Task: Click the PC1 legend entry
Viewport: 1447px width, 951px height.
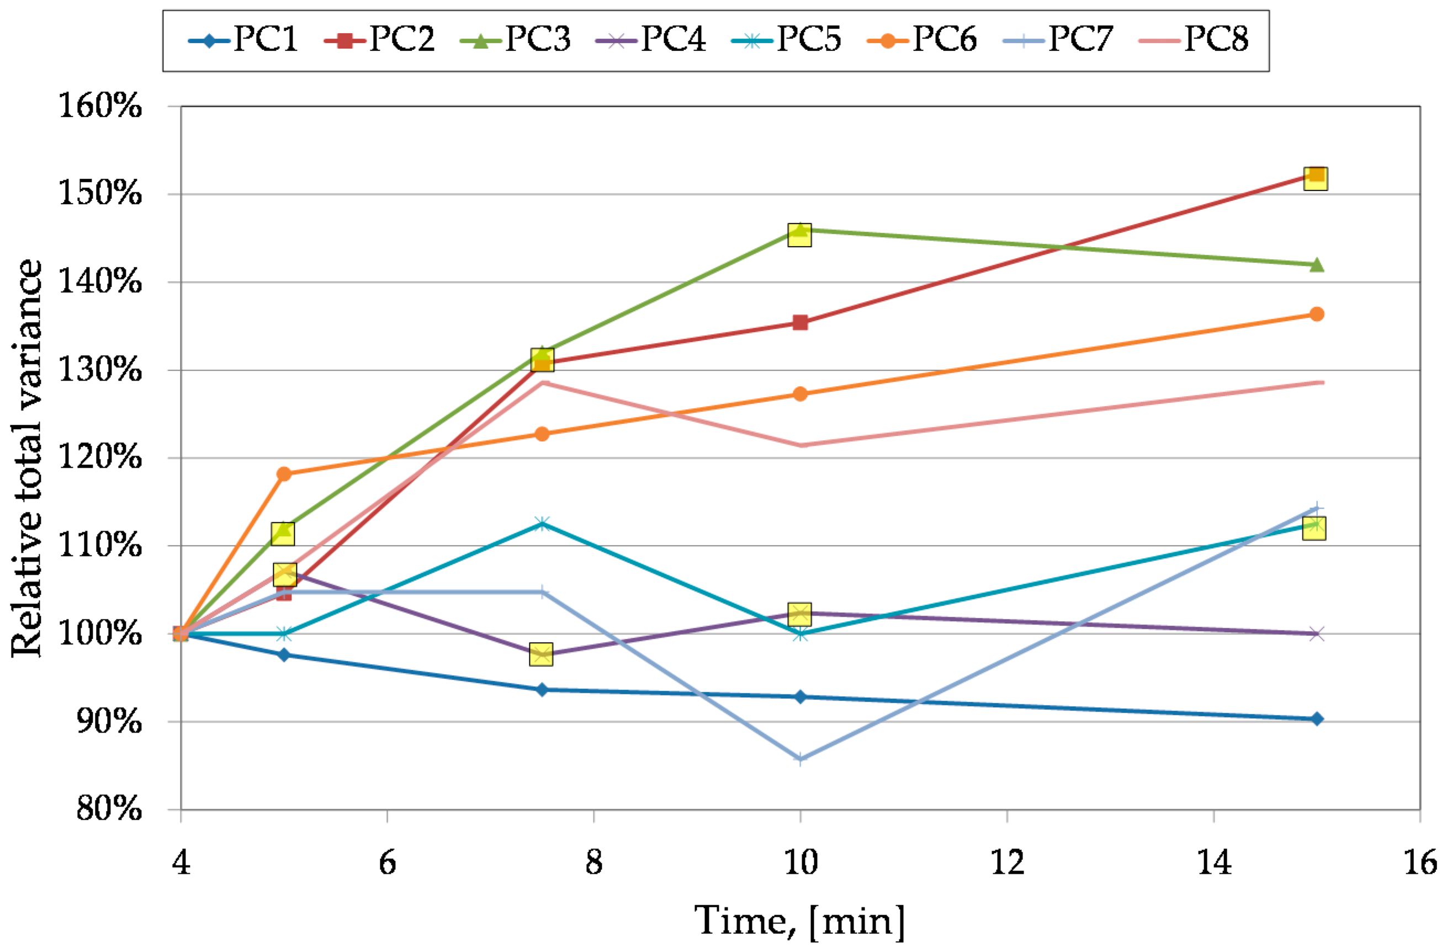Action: pyautogui.click(x=244, y=40)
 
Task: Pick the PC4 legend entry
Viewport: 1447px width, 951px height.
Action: pyautogui.click(x=650, y=40)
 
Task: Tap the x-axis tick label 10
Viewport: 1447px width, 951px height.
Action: pyautogui.click(x=800, y=863)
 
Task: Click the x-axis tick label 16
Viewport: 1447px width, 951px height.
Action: pyautogui.click(x=1419, y=863)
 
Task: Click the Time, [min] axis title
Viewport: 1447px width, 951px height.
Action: pyautogui.click(x=800, y=921)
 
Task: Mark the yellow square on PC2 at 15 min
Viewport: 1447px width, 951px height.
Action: pyautogui.click(x=1316, y=178)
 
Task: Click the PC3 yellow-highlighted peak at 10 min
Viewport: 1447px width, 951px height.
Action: pyautogui.click(x=799, y=234)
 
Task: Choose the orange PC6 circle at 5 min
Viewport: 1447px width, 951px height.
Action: pyautogui.click(x=284, y=474)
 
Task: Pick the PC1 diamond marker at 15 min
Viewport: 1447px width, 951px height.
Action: pyautogui.click(x=1317, y=719)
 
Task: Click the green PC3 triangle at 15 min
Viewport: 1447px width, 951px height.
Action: pyautogui.click(x=1317, y=265)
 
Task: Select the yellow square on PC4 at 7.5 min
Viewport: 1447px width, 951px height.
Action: pyautogui.click(x=541, y=654)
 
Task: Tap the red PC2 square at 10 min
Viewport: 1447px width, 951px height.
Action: pyautogui.click(x=800, y=322)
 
